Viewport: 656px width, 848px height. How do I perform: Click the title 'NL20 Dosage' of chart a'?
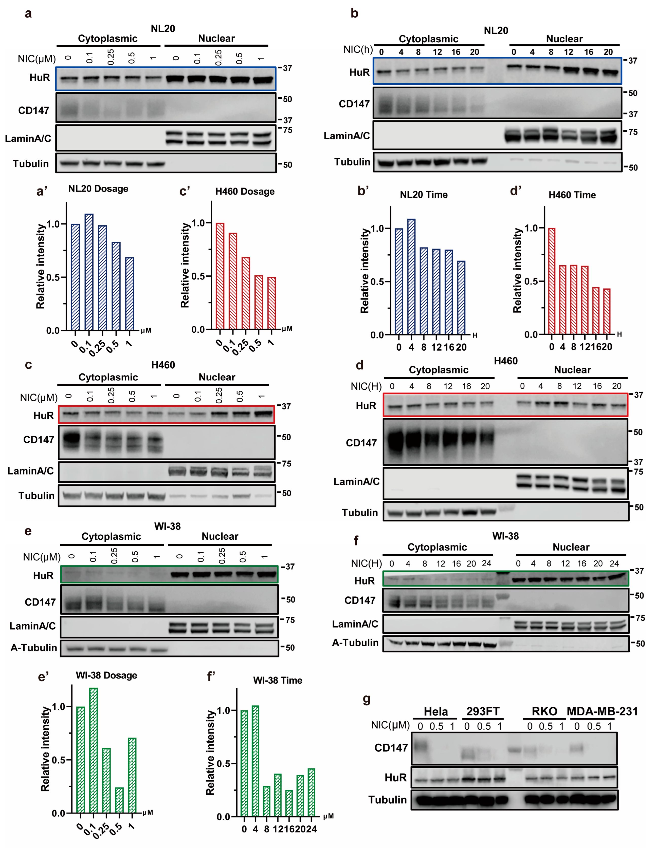tap(98, 189)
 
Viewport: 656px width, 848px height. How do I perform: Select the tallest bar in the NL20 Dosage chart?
tap(89, 272)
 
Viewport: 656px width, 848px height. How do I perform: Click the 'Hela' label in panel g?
tap(435, 711)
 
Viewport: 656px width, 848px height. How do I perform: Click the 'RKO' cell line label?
tap(544, 711)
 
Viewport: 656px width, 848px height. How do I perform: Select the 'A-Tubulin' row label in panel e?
tap(34, 648)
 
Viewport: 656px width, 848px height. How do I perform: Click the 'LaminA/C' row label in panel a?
tap(28, 139)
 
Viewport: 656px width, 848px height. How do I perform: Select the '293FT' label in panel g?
tap(483, 711)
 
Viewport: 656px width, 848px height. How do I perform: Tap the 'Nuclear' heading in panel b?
tap(564, 39)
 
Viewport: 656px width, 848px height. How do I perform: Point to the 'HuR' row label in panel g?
tap(395, 777)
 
